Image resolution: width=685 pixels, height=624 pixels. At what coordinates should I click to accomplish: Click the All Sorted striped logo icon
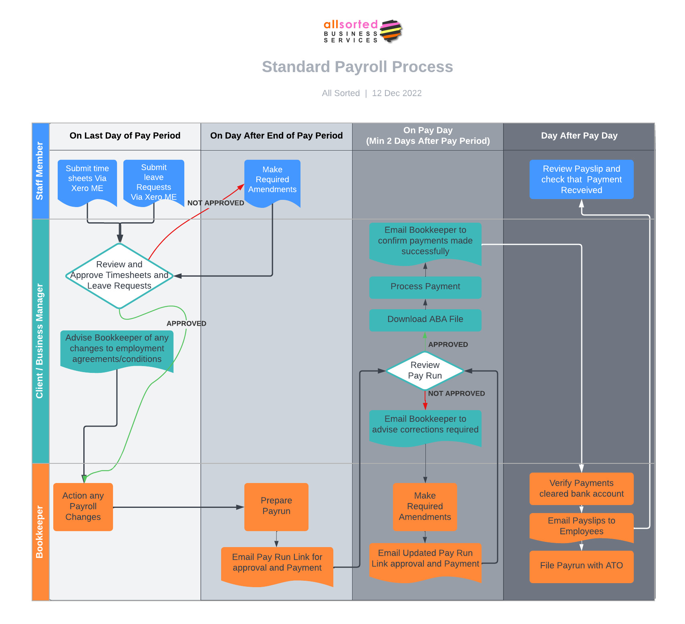coord(391,31)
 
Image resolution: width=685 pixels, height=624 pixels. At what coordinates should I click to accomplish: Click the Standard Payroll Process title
coord(357,67)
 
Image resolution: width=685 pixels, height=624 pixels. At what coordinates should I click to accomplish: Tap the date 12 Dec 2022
coord(397,93)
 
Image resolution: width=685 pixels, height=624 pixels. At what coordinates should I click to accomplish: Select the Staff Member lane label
coord(40,171)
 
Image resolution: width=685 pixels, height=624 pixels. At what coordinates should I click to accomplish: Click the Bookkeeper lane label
coord(40,531)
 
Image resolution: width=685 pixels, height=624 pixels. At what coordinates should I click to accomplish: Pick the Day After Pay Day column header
coord(579,136)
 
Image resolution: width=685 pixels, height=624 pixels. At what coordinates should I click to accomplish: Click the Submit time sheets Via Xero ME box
coord(87,179)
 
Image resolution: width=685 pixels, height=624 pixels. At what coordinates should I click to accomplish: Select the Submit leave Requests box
coord(154,181)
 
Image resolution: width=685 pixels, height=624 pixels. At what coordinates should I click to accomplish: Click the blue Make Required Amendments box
coord(272,180)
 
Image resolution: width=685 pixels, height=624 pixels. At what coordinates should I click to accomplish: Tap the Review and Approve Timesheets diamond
coord(119,275)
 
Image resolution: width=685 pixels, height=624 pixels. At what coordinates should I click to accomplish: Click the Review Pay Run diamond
coord(425,370)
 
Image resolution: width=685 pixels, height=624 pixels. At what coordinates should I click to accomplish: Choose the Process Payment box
coord(425,287)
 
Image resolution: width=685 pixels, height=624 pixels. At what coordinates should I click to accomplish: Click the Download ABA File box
coord(425,320)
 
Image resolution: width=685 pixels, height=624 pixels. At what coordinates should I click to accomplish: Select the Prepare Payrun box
coord(276,506)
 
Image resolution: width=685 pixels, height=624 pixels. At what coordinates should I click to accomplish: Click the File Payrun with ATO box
coord(581,566)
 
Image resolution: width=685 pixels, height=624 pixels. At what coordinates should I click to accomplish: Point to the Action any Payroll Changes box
coord(83,507)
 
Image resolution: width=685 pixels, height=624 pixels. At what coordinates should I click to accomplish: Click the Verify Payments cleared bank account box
coord(581,489)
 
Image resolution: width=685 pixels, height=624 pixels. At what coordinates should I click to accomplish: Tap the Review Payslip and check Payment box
coord(581,179)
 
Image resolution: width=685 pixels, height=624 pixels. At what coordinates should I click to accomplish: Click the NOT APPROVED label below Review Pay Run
coord(456,394)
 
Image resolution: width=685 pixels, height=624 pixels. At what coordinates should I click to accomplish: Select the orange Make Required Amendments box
coord(425,507)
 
